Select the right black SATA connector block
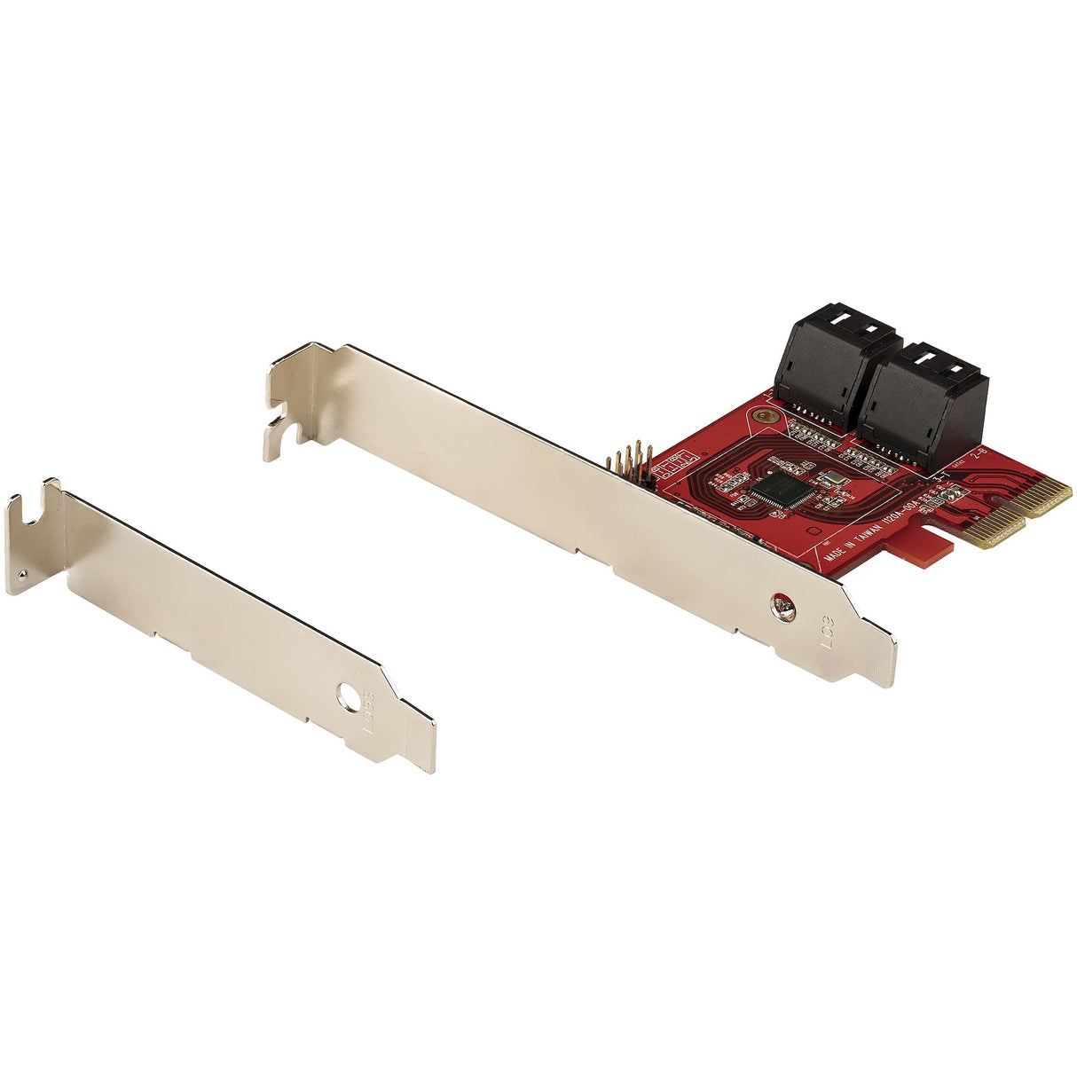point(923,404)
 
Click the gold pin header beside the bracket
point(631,464)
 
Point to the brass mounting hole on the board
point(762,415)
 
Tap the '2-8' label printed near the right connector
point(979,454)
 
